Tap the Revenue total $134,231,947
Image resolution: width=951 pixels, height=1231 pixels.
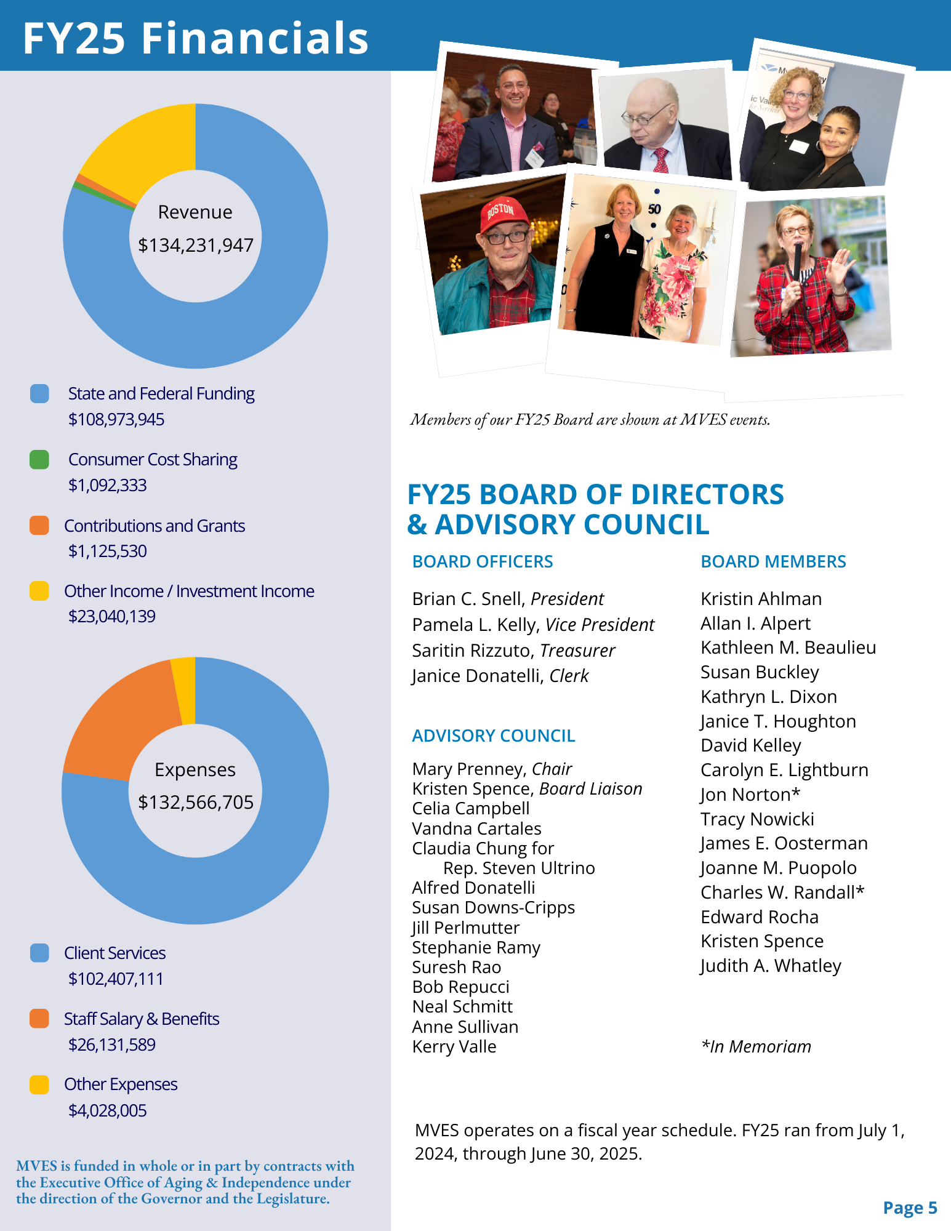pos(196,245)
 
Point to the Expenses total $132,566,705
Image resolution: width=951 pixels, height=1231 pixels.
pos(196,802)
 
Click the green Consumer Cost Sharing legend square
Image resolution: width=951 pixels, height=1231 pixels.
pos(39,460)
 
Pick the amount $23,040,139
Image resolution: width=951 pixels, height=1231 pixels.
pos(112,616)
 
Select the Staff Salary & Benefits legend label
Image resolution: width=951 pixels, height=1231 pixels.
pos(142,1019)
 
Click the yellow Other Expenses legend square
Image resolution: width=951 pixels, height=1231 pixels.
pos(39,1085)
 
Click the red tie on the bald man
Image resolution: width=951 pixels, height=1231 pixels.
pos(660,161)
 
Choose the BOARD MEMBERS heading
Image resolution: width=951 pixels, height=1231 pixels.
pos(773,561)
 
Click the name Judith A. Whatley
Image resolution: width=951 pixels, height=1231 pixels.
pos(771,966)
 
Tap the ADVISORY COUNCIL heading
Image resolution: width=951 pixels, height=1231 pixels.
pos(493,736)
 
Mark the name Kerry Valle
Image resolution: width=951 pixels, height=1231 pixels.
pos(454,1046)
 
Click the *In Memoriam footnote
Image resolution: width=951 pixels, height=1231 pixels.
pos(756,1046)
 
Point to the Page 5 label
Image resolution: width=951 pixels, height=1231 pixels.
pos(909,1208)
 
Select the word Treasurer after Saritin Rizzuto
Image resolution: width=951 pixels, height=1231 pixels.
pos(577,651)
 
